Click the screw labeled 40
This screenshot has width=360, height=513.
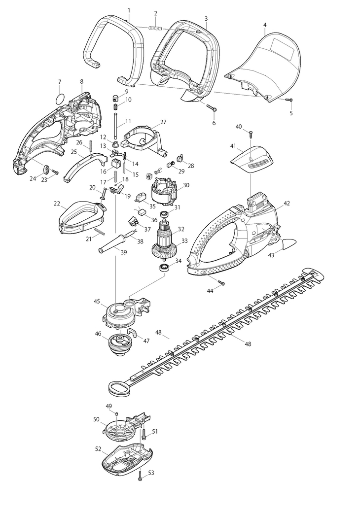point(251,134)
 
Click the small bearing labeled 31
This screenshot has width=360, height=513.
point(164,215)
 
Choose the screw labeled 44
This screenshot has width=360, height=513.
point(220,282)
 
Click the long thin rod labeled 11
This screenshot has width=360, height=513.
point(115,127)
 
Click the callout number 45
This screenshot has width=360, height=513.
point(97,302)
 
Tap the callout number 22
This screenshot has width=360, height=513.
point(57,204)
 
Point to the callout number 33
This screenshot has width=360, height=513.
point(185,241)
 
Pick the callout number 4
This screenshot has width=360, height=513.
point(265,25)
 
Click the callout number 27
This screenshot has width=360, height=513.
point(163,122)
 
